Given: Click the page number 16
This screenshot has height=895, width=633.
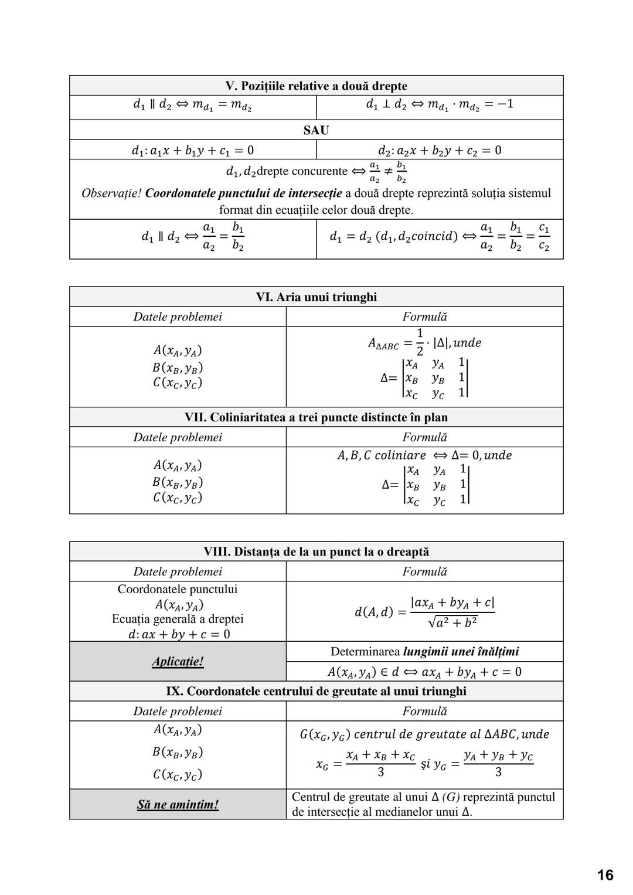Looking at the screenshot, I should [x=605, y=875].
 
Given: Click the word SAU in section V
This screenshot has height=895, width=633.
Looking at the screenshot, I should [x=316, y=130].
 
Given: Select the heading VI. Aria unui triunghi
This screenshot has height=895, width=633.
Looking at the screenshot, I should [x=316, y=297].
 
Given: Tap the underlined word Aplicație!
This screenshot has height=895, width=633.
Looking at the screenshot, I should [x=178, y=662].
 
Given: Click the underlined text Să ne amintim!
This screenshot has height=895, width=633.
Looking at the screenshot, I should [x=178, y=805].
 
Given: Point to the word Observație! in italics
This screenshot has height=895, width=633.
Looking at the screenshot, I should [x=111, y=193].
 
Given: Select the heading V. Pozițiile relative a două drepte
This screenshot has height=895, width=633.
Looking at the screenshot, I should [x=316, y=86].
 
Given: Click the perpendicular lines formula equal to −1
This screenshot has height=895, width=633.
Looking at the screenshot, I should [x=439, y=105].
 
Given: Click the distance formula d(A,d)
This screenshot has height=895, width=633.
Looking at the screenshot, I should [x=424, y=612].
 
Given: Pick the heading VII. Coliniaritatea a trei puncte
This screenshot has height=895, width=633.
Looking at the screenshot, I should [x=316, y=417].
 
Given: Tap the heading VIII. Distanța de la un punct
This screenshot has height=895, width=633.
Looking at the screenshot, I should [x=316, y=552].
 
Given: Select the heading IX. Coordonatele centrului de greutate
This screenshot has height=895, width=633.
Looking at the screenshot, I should [x=316, y=692].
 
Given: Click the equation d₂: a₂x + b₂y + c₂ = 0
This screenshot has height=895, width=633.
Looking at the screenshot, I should [x=439, y=151].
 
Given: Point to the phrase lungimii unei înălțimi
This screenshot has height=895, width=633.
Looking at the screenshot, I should [x=461, y=652].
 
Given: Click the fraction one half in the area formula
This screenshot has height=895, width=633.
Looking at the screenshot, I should [x=420, y=342].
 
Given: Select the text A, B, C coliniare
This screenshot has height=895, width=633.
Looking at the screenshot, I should [x=382, y=455].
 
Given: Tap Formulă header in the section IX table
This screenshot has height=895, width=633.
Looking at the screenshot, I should [x=424, y=711].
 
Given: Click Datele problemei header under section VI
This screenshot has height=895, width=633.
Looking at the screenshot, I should [x=178, y=317].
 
